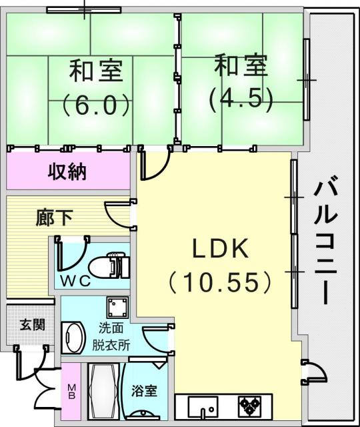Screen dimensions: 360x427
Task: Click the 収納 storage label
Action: (67, 171)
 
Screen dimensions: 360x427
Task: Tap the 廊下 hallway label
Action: (55, 218)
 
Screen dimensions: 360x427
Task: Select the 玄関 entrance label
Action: (33, 325)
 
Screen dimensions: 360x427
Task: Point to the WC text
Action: (75, 282)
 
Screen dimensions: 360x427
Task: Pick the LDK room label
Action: (220, 249)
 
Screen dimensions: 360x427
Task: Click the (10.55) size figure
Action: (220, 282)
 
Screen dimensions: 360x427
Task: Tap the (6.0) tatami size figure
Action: (95, 105)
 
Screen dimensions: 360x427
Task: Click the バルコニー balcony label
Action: (325, 240)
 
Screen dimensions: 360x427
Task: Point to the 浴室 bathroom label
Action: (144, 391)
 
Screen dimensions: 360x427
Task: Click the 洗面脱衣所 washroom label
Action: (111, 337)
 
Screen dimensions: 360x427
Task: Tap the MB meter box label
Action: (71, 392)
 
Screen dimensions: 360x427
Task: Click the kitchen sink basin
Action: (203, 406)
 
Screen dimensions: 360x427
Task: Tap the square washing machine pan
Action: (117, 307)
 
